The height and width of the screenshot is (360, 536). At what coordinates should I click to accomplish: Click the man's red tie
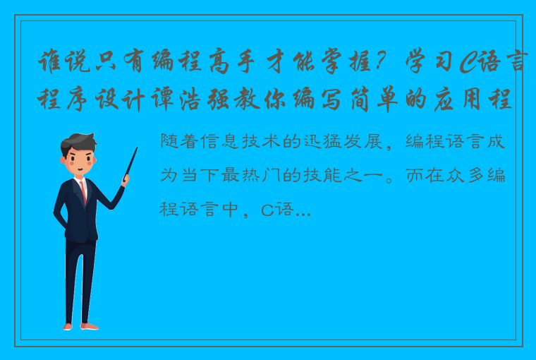coord(83,191)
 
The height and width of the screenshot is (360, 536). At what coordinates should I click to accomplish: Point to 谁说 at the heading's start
coord(58,66)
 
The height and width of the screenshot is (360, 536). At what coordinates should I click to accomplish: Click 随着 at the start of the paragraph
coord(177,141)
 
